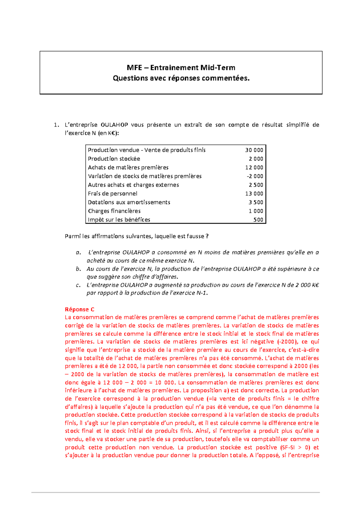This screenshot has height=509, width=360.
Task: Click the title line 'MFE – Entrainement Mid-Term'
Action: point(181,67)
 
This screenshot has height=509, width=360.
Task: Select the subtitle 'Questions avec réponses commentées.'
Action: point(181,78)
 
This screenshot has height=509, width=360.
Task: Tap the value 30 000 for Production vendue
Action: point(254,150)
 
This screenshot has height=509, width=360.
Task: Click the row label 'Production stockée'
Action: point(114,159)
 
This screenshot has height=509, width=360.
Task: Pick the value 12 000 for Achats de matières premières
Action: point(254,167)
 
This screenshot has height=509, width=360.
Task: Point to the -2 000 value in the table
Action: point(255,176)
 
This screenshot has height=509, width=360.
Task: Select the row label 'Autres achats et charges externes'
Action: point(133,185)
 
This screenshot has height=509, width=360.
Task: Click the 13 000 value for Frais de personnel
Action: point(254,193)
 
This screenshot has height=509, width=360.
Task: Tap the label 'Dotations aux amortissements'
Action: point(129,202)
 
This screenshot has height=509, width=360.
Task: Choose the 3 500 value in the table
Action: point(256,202)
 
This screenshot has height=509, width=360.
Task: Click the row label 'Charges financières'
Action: point(114,211)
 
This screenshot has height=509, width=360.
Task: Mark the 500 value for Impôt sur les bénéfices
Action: point(258,219)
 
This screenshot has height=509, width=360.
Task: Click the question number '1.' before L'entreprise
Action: point(56,125)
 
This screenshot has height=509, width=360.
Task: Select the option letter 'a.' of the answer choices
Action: point(78,252)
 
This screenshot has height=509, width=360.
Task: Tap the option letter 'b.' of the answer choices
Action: point(78,269)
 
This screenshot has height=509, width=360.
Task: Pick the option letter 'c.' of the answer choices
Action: point(78,285)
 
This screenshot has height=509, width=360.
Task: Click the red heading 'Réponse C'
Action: point(79,309)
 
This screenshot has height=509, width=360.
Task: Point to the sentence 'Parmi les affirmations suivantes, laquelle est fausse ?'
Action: point(136,236)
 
